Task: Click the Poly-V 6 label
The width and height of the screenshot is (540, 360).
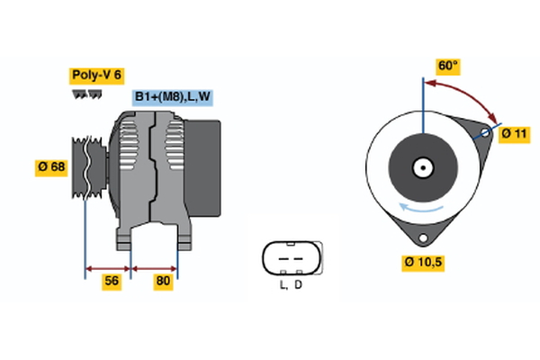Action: [96, 75]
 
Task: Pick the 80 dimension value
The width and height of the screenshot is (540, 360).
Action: [163, 281]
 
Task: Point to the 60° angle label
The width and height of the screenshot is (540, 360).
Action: [448, 66]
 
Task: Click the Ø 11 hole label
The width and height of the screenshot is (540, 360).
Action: [514, 133]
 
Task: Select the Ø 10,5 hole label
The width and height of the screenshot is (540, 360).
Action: [424, 262]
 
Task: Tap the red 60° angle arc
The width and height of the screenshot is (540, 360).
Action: [468, 93]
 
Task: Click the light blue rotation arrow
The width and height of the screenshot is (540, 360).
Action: [422, 211]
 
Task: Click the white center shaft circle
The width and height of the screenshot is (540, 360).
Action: [421, 167]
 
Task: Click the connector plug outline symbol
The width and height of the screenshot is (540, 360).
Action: [289, 258]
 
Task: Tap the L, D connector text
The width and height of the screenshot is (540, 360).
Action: [290, 285]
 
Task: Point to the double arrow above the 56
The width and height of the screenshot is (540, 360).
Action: [108, 267]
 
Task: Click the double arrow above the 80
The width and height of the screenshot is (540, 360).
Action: [155, 267]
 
